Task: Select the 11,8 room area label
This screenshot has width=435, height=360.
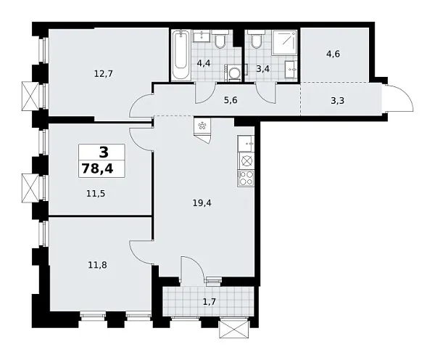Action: click(x=96, y=265)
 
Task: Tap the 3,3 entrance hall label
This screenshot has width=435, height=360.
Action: click(x=336, y=100)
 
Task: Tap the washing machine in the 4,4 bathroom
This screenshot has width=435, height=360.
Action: click(x=233, y=72)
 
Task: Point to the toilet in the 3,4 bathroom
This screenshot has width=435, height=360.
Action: click(x=254, y=39)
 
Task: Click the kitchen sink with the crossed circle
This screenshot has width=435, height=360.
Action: click(x=246, y=160)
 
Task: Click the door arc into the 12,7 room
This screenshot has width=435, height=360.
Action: click(x=140, y=107)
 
